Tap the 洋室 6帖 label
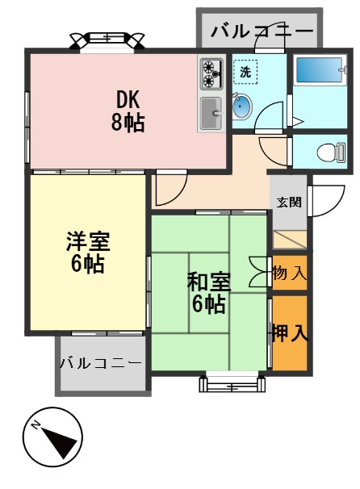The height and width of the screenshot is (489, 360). coord(87,252)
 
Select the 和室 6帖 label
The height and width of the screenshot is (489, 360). coord(209,292)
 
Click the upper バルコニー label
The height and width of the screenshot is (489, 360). coord(262,31)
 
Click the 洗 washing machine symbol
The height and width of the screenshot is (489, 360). coord(245,71)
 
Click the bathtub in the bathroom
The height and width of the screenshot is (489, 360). coord(319,71)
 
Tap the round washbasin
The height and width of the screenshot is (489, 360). coord(242,106)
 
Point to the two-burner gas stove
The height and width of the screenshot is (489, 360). coord(211,74)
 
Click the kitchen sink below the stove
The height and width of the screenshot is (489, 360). coord(211,113)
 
